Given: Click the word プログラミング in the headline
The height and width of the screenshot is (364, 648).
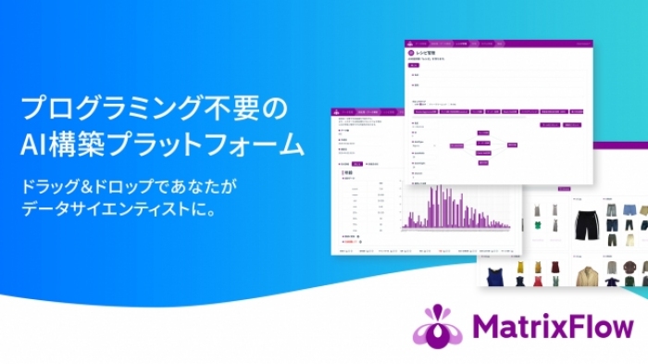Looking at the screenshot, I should coord(113,109).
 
